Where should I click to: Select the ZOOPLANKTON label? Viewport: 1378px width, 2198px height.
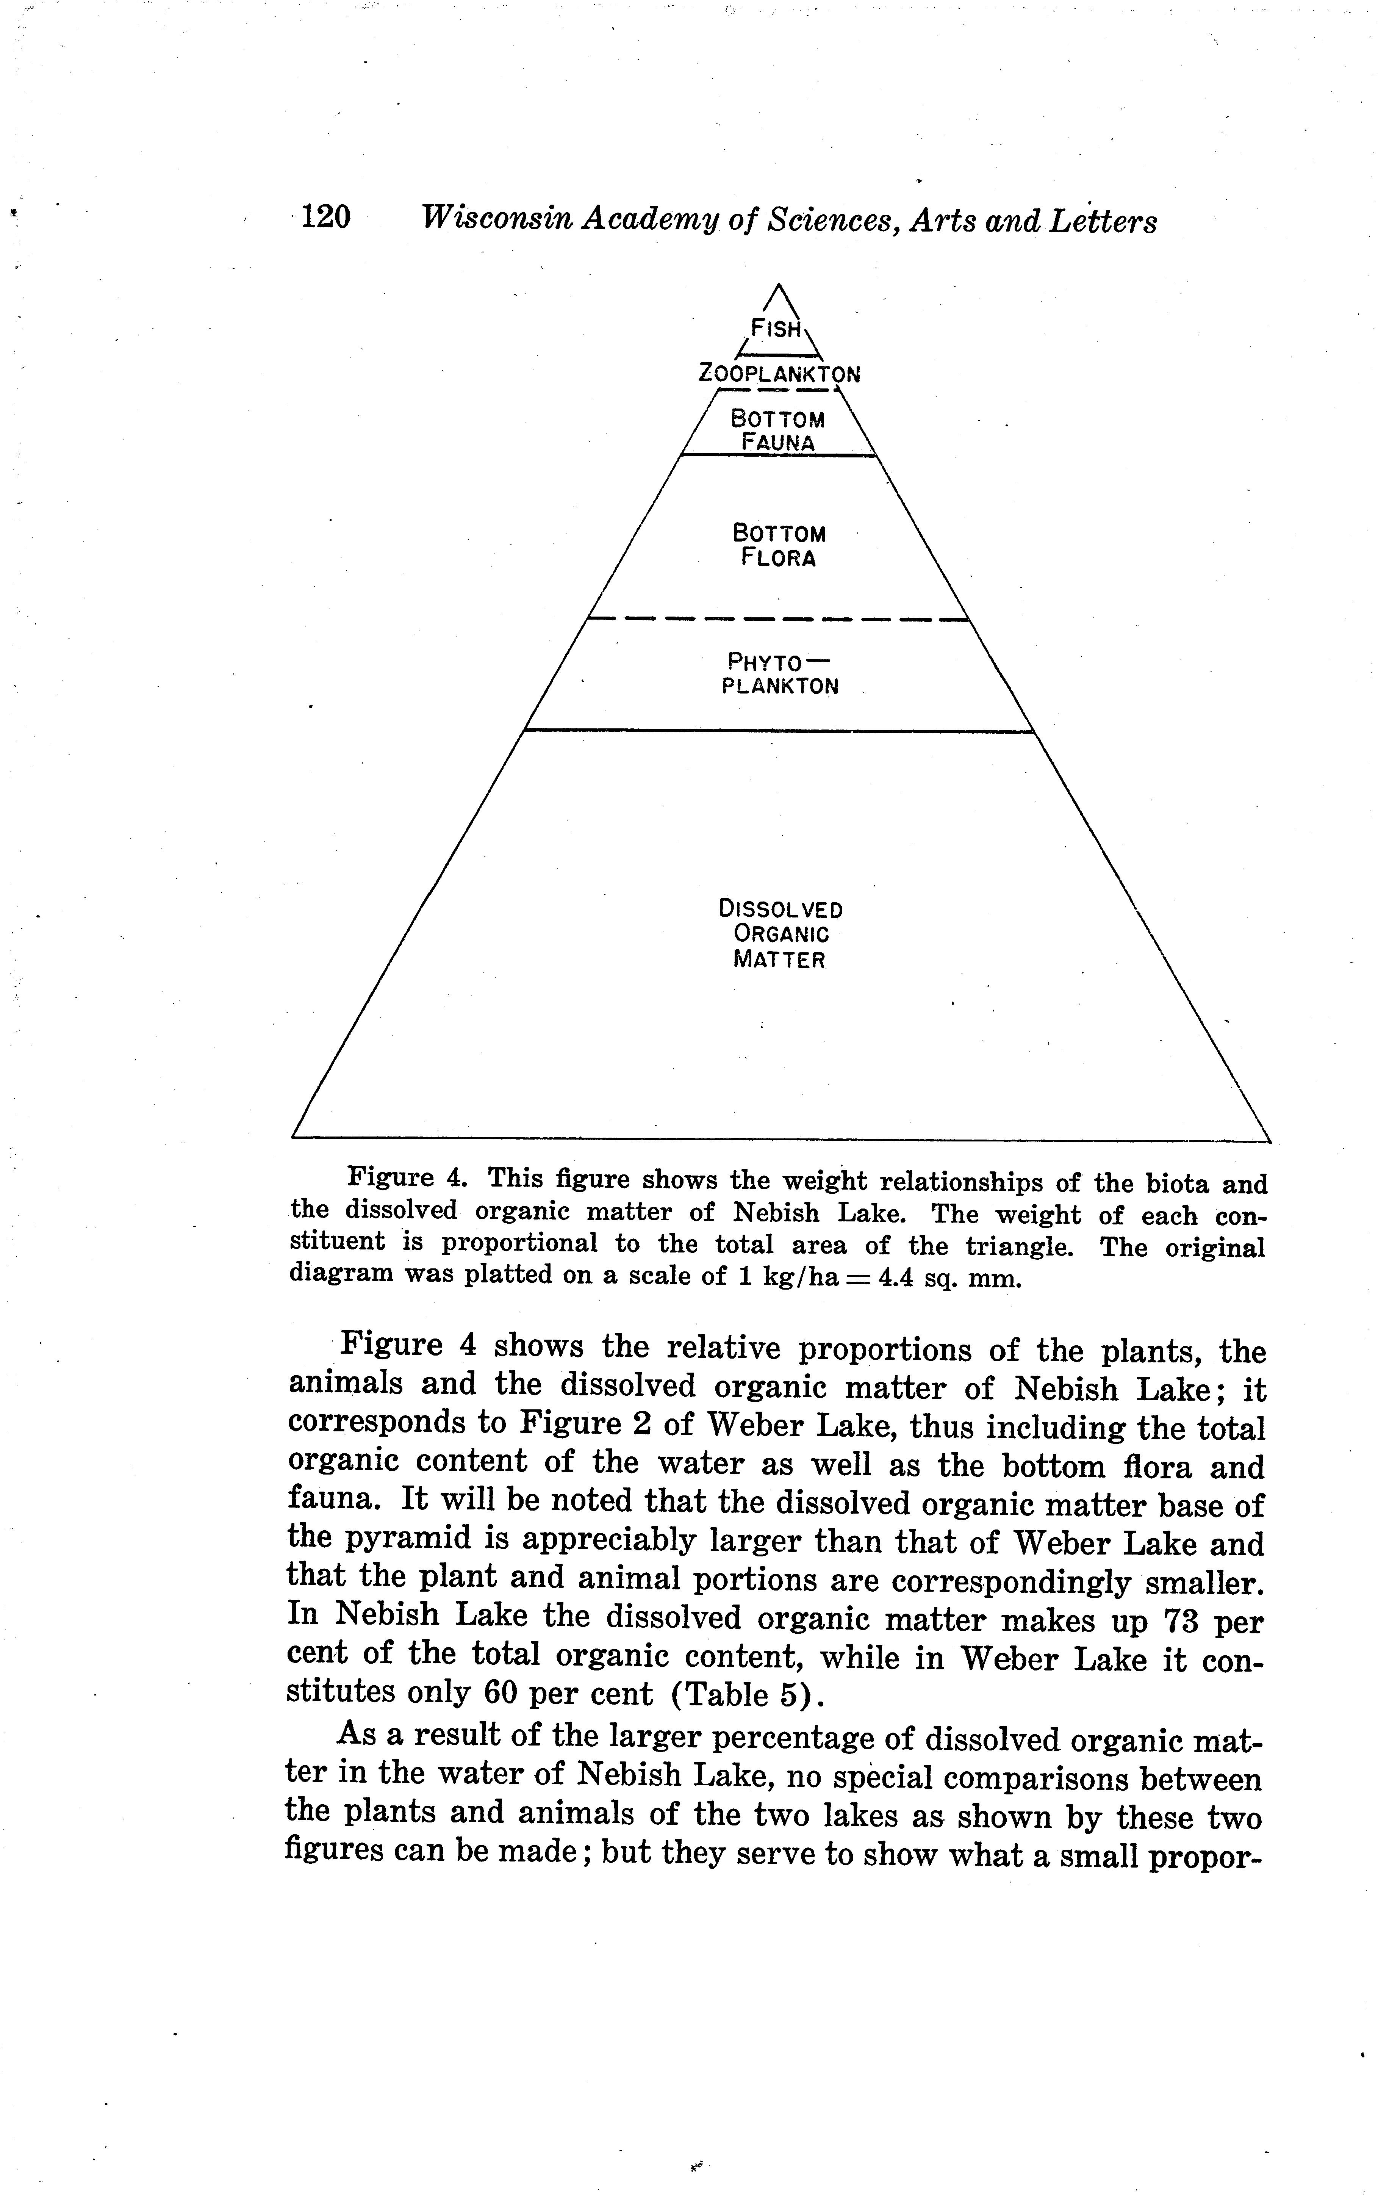coord(779,374)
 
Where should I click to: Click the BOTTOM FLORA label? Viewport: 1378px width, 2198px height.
coord(778,545)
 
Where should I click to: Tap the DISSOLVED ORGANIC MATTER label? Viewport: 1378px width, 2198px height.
coord(780,934)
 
